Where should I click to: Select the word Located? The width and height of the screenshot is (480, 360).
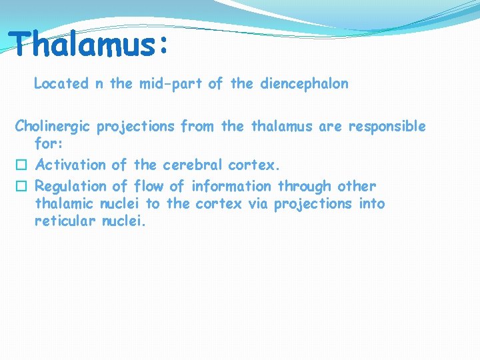point(61,84)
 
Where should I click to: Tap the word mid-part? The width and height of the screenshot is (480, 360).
point(170,84)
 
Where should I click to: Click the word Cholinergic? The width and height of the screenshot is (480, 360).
point(53,126)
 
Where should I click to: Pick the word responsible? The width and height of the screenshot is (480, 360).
point(386,126)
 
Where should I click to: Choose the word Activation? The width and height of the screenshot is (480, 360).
point(70,165)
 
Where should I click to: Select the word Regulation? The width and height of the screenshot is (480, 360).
point(70,186)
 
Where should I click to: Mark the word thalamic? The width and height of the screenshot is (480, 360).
point(65,204)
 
